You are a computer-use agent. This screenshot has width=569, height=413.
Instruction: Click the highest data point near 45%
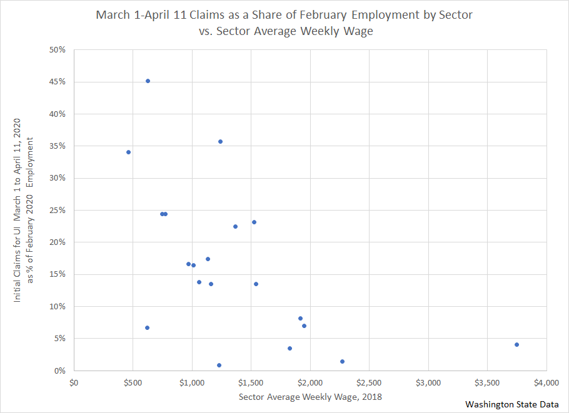148,81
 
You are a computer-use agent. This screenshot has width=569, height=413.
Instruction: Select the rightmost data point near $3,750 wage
516,344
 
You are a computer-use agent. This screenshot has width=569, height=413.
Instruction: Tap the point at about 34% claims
128,152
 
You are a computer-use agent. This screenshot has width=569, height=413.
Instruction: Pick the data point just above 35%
220,141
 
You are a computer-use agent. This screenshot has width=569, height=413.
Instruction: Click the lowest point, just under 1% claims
219,365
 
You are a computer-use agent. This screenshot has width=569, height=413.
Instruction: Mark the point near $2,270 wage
342,361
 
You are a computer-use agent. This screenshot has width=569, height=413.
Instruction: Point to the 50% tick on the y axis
58,49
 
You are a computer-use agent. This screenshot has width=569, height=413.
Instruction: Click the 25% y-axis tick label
58,210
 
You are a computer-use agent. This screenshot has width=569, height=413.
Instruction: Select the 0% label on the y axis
59,371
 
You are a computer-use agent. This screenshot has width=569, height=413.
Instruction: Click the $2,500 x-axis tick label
369,382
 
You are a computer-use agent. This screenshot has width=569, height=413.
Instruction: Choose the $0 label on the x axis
74,382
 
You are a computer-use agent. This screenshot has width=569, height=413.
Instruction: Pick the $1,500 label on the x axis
251,382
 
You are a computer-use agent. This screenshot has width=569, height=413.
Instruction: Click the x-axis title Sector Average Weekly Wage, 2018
310,397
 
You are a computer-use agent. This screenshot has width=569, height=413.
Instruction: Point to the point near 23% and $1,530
254,222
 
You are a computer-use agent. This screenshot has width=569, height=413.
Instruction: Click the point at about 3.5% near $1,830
290,348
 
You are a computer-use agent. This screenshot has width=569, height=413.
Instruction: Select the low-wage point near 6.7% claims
147,327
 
